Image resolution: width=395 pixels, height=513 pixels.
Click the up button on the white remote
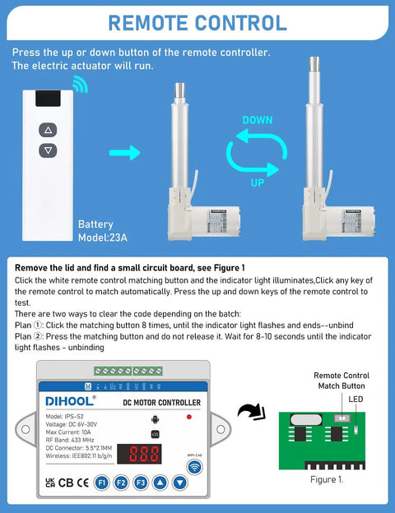tap(48, 130)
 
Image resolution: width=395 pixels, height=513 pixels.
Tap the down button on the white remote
tap(48, 150)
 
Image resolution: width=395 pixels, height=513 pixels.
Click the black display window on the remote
tap(48, 100)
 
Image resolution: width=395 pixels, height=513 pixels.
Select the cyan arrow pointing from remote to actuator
tap(124, 152)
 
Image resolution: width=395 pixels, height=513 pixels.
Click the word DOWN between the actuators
tap(257, 121)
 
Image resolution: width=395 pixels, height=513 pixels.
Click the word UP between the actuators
tap(258, 183)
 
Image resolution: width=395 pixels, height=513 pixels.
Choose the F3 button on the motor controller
tap(142, 483)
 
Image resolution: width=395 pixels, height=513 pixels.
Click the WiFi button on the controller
tap(196, 467)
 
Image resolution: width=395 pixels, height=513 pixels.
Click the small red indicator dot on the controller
tap(189, 417)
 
